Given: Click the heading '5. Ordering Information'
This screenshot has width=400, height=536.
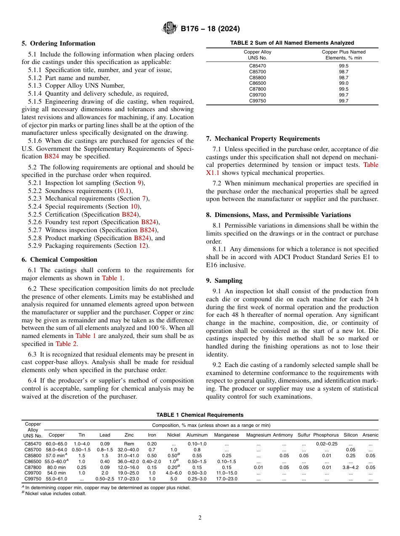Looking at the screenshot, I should pyautogui.click(x=59, y=43).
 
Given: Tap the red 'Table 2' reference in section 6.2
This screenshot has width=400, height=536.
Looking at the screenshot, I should pyautogui.click(x=66, y=343).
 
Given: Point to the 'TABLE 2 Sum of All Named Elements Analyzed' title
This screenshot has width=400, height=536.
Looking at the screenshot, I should pyautogui.click(x=292, y=43).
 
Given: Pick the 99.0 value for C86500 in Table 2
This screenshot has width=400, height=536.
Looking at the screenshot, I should pyautogui.click(x=344, y=83).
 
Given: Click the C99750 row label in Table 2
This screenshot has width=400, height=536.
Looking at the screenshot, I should pyautogui.click(x=258, y=101).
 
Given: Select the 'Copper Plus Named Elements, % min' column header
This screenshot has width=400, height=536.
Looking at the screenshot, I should pyautogui.click(x=344, y=55).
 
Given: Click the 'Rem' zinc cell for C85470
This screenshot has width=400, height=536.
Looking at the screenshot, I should pyautogui.click(x=129, y=444).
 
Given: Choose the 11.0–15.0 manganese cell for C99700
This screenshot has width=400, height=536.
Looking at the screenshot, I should pyautogui.click(x=227, y=473).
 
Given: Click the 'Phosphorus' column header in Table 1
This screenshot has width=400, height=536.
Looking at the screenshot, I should pyautogui.click(x=326, y=435).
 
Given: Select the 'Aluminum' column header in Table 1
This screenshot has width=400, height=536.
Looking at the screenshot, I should pyautogui.click(x=197, y=435).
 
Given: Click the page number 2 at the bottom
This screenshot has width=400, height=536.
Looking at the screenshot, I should pyautogui.click(x=200, y=518).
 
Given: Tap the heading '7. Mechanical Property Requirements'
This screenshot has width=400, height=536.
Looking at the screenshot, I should pyautogui.click(x=263, y=139).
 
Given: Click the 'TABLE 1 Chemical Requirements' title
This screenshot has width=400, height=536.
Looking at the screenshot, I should pyautogui.click(x=200, y=415).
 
